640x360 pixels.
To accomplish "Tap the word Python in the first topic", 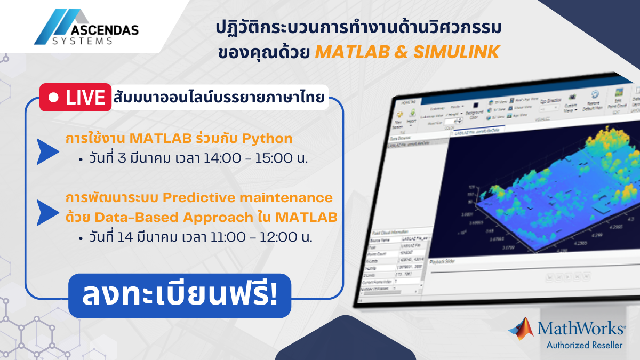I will coord(267,139).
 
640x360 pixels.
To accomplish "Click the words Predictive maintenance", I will coord(247,198).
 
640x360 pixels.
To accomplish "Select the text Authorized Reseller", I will coord(584,345).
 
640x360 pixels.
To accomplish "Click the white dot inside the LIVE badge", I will coord(53,98).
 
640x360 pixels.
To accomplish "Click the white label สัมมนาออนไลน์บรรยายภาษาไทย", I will coord(219,99).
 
